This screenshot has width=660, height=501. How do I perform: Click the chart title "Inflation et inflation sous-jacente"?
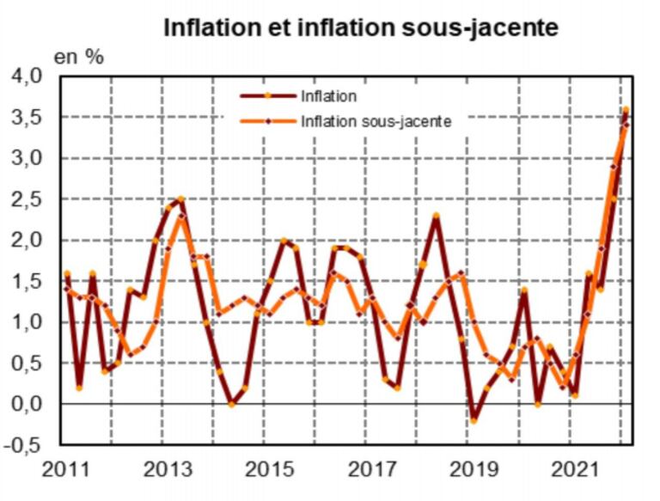(361, 27)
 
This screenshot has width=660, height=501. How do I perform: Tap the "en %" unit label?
(80, 58)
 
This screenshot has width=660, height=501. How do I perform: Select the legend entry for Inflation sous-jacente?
(376, 122)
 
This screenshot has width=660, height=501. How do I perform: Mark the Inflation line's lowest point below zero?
(473, 421)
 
